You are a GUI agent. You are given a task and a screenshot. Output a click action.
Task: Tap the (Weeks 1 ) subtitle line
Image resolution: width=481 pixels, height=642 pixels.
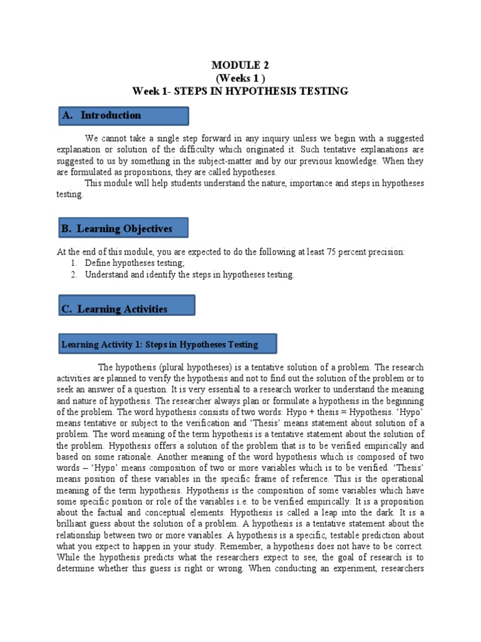[x=240, y=78]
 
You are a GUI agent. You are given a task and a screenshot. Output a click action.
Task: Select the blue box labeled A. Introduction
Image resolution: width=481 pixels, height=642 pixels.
[x=123, y=115]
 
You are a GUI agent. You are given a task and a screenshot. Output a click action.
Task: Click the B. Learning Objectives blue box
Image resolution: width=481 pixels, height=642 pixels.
[x=123, y=228]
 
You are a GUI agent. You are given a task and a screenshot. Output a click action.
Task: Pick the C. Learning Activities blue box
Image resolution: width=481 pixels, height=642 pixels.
[x=127, y=308]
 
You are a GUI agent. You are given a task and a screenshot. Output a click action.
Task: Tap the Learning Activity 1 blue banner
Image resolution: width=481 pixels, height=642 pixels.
[x=167, y=344]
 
